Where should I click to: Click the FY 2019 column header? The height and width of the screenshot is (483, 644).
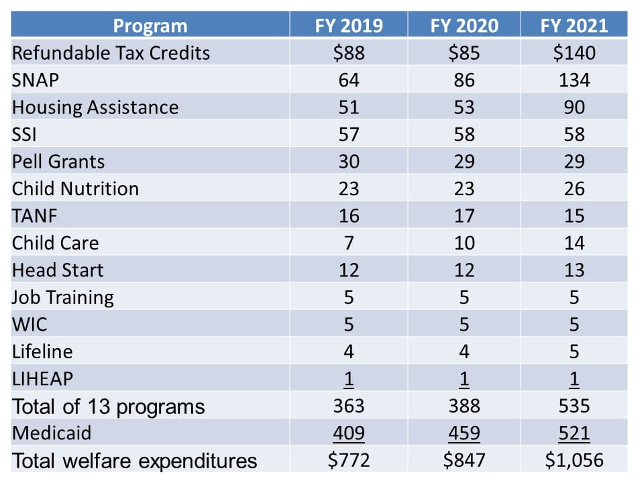tap(349, 25)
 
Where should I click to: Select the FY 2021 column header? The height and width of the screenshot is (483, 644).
tap(574, 25)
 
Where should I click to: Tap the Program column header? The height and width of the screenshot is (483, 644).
tap(150, 25)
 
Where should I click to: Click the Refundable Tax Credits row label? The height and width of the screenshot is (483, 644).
tap(111, 53)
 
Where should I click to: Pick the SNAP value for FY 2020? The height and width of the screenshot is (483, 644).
tap(464, 80)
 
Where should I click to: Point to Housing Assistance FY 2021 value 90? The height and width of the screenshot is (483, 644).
tap(574, 107)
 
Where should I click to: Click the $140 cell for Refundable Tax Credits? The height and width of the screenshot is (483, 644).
tap(574, 53)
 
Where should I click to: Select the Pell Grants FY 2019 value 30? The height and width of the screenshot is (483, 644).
tap(349, 162)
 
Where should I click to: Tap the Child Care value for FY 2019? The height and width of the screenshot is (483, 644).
tap(349, 243)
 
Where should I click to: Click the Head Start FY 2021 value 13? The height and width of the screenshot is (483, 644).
tap(574, 270)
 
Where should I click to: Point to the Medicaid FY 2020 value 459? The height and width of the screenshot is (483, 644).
tap(464, 433)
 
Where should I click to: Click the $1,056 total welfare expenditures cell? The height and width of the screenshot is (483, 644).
tap(574, 461)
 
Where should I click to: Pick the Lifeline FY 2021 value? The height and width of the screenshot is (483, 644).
tap(574, 352)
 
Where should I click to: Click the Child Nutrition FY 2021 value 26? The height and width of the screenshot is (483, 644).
tap(574, 189)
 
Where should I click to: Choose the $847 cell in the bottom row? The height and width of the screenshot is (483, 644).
tap(464, 461)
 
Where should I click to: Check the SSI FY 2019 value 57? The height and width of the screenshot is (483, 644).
tap(349, 135)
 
